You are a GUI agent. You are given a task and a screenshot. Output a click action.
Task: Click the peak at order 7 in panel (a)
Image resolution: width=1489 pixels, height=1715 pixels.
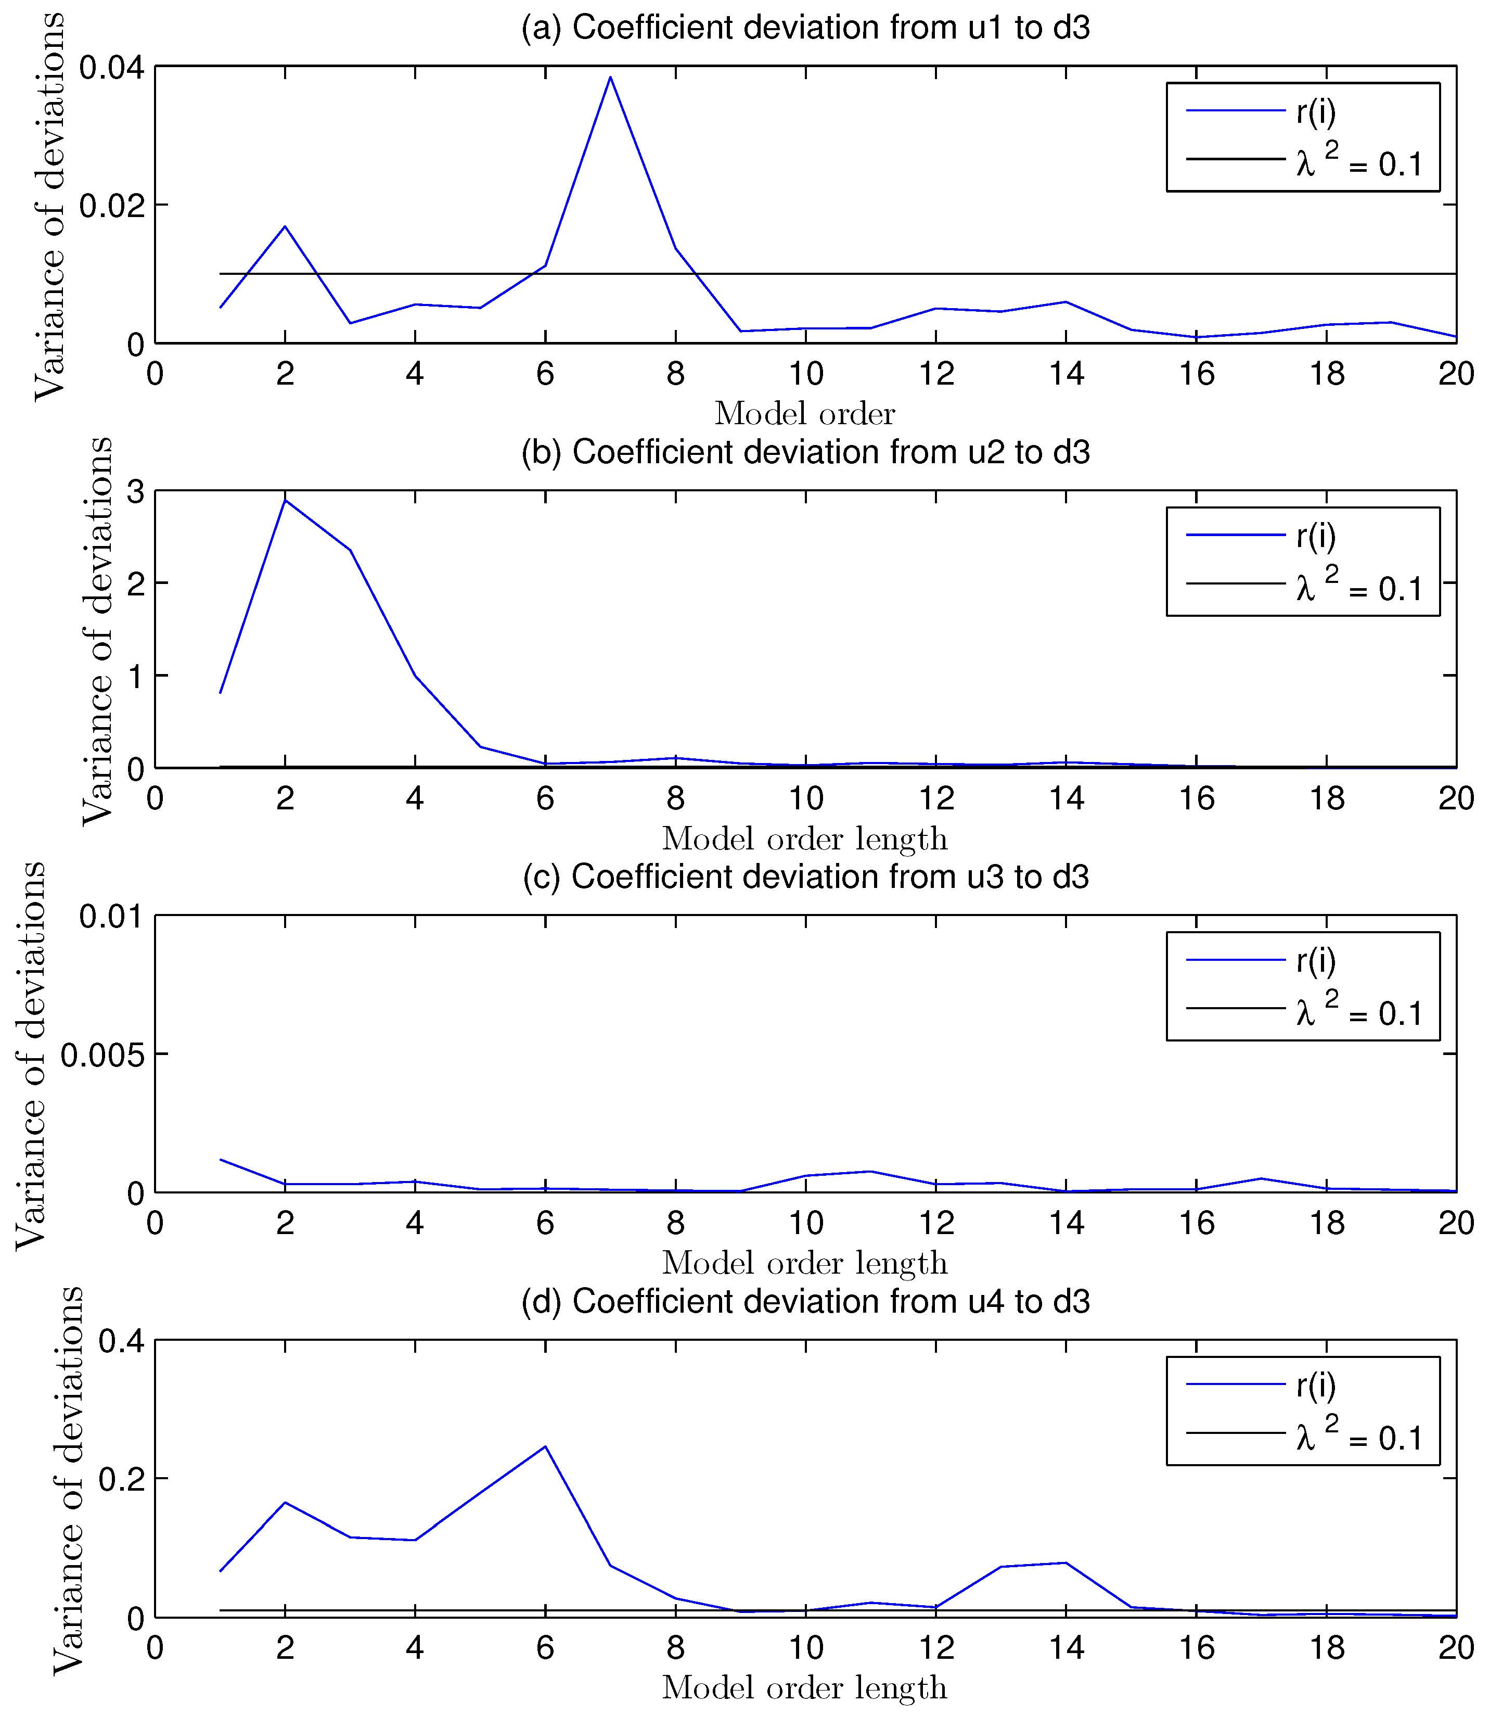click(611, 78)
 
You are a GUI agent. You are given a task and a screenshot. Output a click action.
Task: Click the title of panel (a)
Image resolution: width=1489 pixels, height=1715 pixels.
click(805, 28)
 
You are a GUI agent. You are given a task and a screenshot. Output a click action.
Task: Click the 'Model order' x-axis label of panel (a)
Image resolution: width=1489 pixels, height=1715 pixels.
click(805, 413)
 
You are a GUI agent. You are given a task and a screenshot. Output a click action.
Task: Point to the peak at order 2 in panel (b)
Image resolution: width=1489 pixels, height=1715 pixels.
click(286, 501)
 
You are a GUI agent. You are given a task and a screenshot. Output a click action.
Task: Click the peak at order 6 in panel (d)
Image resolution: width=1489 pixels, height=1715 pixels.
click(545, 1446)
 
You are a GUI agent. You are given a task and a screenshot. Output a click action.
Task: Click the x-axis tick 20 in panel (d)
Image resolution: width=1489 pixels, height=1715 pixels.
click(1456, 1648)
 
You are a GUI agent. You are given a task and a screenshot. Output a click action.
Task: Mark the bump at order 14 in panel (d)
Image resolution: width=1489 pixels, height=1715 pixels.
click(1066, 1563)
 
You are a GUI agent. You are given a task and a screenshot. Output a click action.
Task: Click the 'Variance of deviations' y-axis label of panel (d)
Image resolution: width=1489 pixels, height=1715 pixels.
click(68, 1480)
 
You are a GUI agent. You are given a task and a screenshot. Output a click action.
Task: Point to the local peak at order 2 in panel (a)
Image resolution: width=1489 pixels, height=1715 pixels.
click(286, 226)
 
